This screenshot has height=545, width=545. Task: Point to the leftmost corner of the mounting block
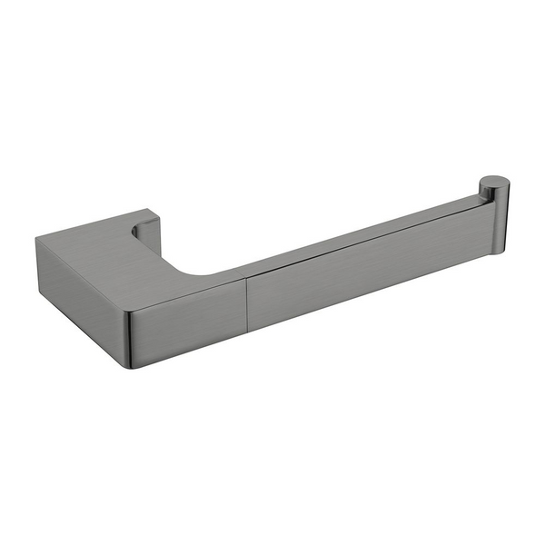tap(37, 240)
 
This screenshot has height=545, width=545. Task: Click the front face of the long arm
tap(363, 272)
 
